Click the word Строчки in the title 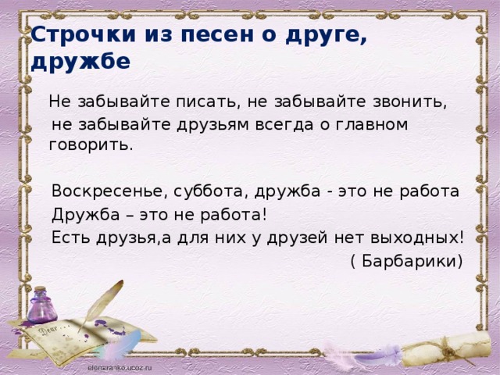tap(84, 34)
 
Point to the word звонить tap(409, 102)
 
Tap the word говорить tap(91, 145)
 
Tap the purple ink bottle tap(42, 305)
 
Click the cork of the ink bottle tap(41, 289)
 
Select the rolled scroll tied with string tap(446, 348)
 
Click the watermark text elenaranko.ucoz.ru tap(120, 368)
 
